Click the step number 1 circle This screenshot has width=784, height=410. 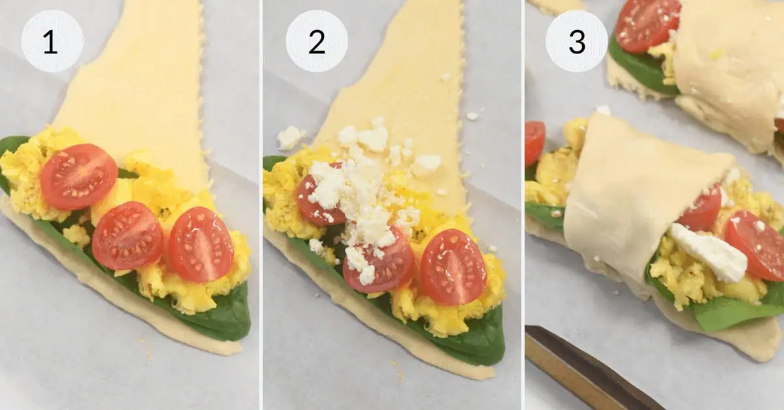point(52,41)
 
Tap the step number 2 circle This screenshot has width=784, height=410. point(316,41)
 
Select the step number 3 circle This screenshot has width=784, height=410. point(576,41)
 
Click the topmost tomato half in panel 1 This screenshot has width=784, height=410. point(78,176)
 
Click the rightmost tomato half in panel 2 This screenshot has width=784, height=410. point(453,266)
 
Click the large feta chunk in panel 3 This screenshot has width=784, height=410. point(709,252)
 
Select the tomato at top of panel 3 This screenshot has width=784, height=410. point(647,24)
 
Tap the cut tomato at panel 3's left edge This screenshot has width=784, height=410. point(534,142)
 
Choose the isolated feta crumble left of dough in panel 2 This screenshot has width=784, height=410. point(289,138)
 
